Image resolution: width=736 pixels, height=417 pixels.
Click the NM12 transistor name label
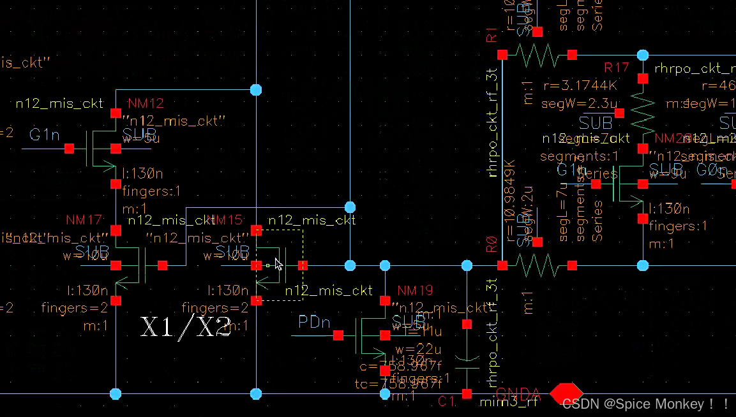point(146,103)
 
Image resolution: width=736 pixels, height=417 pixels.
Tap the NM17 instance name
point(84,221)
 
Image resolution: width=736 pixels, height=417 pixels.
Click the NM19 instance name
point(415,291)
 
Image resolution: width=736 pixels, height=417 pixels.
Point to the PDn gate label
point(315,323)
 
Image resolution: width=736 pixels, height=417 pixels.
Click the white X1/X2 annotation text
point(186,327)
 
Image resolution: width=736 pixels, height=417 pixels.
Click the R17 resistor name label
point(617,68)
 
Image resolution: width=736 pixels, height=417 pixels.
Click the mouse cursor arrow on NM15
point(278,264)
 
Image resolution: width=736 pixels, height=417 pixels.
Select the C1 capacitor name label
point(447,402)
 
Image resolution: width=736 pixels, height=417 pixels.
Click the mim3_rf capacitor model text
point(509,402)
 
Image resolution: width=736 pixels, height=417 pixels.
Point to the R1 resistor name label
point(492,35)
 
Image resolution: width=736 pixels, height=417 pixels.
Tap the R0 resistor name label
point(492,245)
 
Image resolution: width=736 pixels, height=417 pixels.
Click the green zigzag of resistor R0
point(537,265)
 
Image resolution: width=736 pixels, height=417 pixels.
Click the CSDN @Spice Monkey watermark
point(645,404)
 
